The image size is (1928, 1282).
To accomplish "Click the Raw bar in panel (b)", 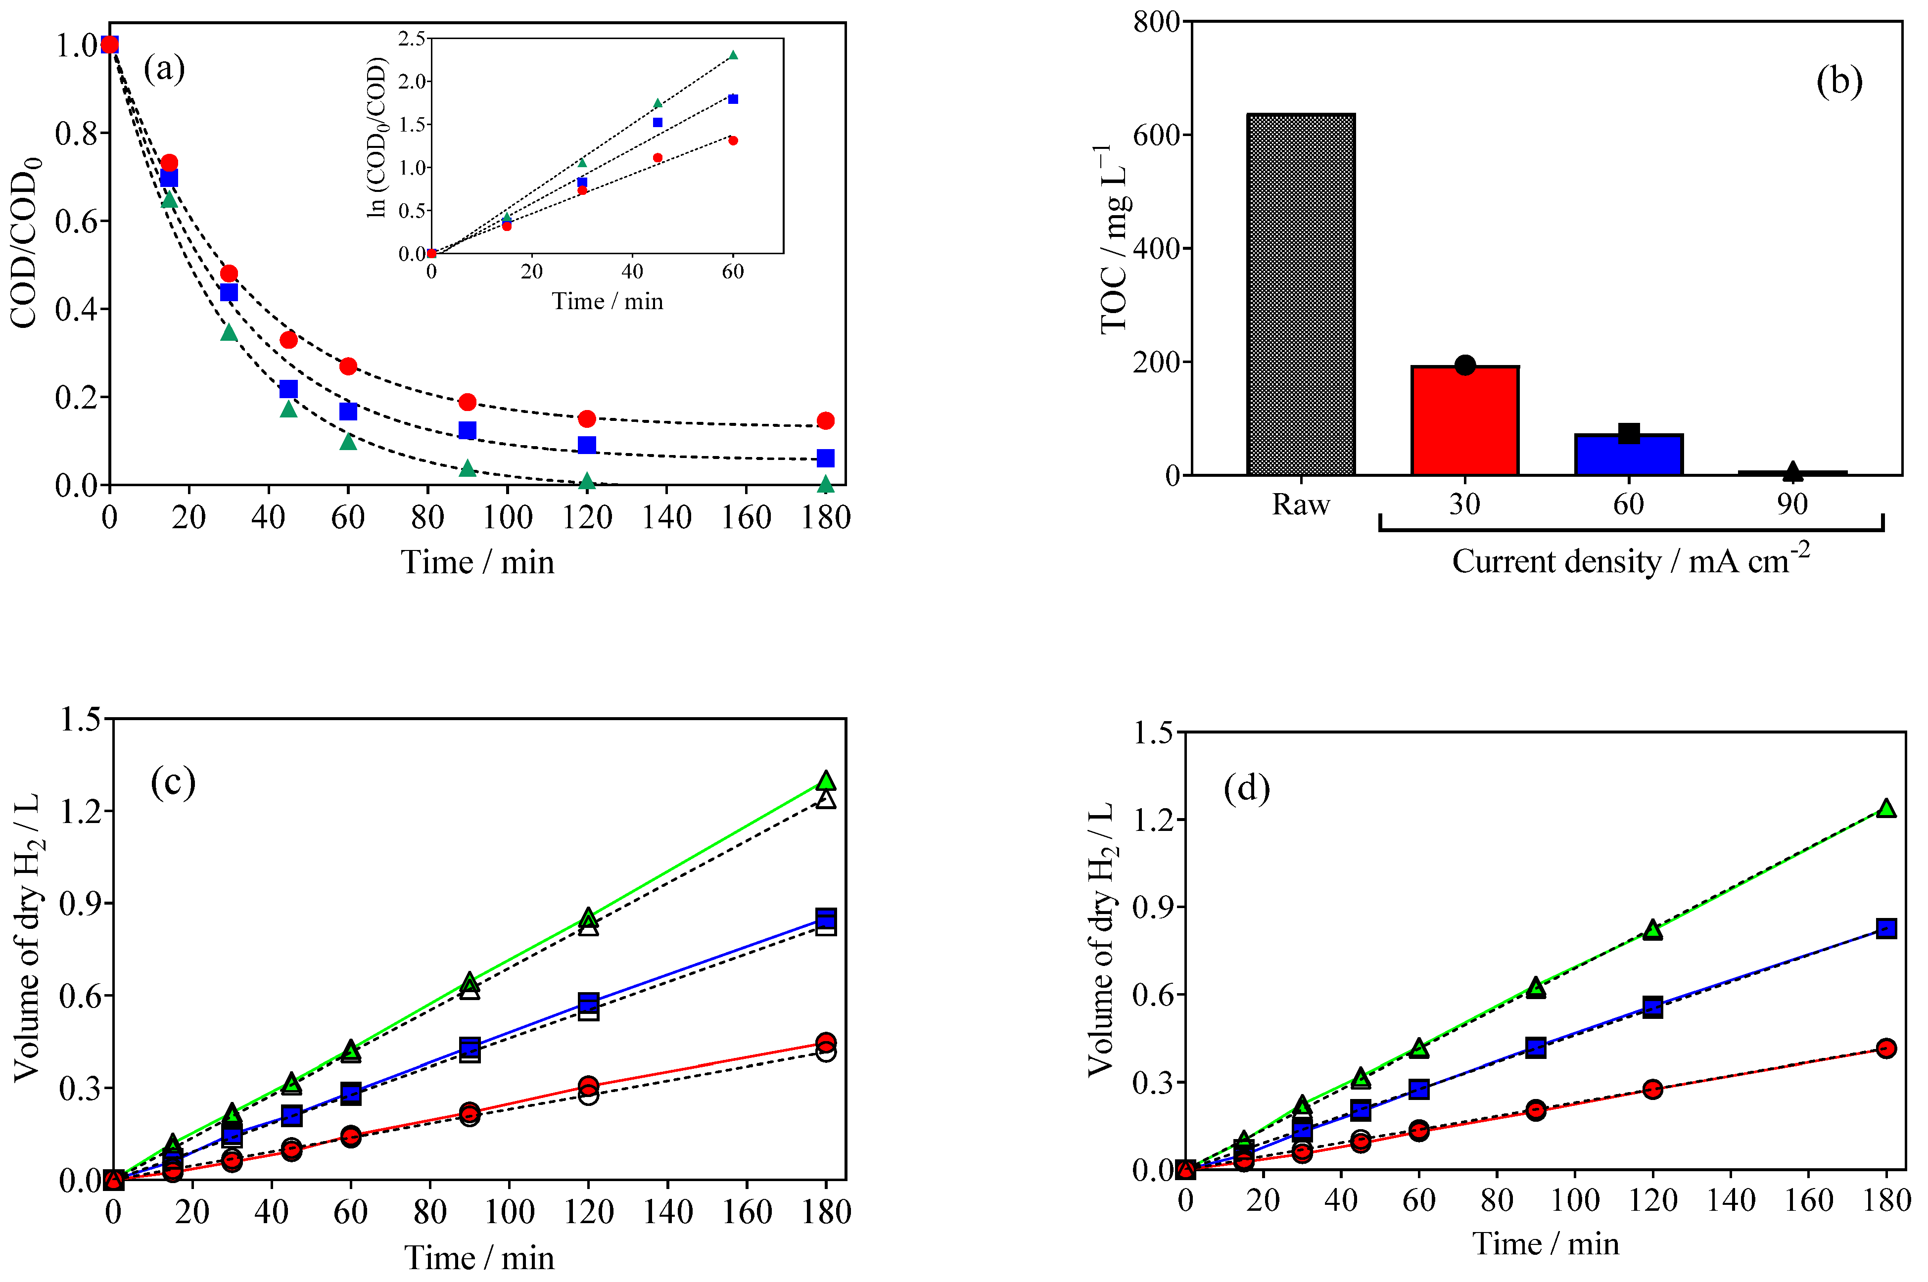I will coord(1300,294).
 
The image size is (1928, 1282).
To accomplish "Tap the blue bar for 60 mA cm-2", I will coord(1628,456).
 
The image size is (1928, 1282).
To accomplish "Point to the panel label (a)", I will coord(164,68).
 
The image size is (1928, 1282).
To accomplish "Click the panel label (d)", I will coord(1246,788).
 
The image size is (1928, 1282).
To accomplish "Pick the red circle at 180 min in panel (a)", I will coord(825,420).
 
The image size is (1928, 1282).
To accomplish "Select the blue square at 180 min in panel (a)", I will coord(825,458).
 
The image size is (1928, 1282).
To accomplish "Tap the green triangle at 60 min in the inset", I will coord(733,55).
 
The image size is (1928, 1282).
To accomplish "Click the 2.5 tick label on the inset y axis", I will coord(411,39).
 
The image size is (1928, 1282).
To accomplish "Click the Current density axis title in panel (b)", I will coord(1630,561).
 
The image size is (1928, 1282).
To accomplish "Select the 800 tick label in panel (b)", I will coord(1155,22).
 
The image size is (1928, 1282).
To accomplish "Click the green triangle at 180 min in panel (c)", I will coord(826,780).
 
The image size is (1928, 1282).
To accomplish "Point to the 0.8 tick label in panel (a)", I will coord(76,133).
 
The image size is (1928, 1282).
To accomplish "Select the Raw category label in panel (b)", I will coord(1300,504).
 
